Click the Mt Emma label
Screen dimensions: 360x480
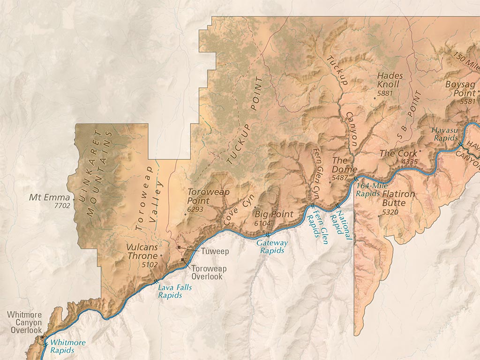(x=49, y=197)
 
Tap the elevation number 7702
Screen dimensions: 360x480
(x=62, y=205)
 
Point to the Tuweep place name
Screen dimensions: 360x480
(x=215, y=252)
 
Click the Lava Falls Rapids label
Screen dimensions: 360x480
(x=174, y=291)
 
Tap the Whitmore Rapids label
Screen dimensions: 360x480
(x=67, y=346)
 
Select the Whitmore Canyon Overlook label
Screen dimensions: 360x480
(x=26, y=322)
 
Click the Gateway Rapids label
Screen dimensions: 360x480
(x=271, y=247)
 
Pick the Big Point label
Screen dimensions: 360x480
(x=273, y=214)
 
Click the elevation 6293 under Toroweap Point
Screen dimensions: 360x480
(x=195, y=210)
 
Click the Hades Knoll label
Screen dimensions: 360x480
(x=388, y=80)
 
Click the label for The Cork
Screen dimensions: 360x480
(x=398, y=153)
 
